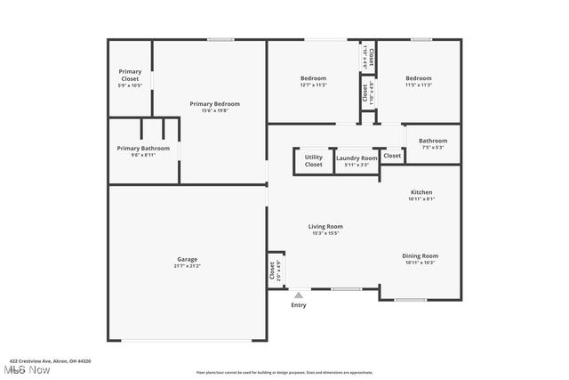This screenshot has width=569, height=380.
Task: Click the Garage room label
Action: click(x=187, y=259)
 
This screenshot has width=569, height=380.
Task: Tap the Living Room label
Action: click(x=325, y=226)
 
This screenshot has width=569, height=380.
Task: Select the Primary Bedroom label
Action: click(x=214, y=104)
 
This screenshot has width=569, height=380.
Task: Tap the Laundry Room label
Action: click(x=357, y=158)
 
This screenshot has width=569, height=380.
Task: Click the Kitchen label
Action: click(x=421, y=193)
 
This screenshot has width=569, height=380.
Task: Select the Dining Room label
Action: click(x=421, y=255)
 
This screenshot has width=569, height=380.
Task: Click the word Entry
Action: click(x=299, y=305)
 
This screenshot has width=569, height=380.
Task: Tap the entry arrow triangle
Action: click(x=299, y=295)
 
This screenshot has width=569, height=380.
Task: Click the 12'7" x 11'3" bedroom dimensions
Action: click(x=313, y=85)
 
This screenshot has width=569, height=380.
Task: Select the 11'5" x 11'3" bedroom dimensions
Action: click(x=419, y=85)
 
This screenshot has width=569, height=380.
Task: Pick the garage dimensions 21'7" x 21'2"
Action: click(x=187, y=265)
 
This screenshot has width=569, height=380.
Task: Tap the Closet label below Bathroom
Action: click(x=392, y=155)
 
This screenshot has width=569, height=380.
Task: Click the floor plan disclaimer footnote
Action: click(x=284, y=372)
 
